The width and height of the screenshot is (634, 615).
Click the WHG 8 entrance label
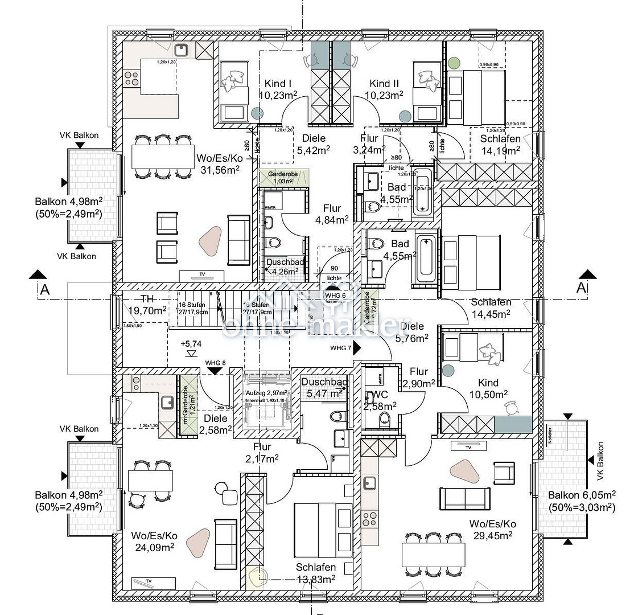pos(216,363)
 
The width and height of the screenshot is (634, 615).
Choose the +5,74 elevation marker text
pos(191,344)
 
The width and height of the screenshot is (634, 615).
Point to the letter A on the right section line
pos(581,288)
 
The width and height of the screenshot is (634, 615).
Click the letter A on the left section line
pos(45,289)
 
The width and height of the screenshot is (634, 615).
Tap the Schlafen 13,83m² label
pos(315,573)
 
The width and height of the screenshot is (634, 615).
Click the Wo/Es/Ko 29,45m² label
pos(493,529)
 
